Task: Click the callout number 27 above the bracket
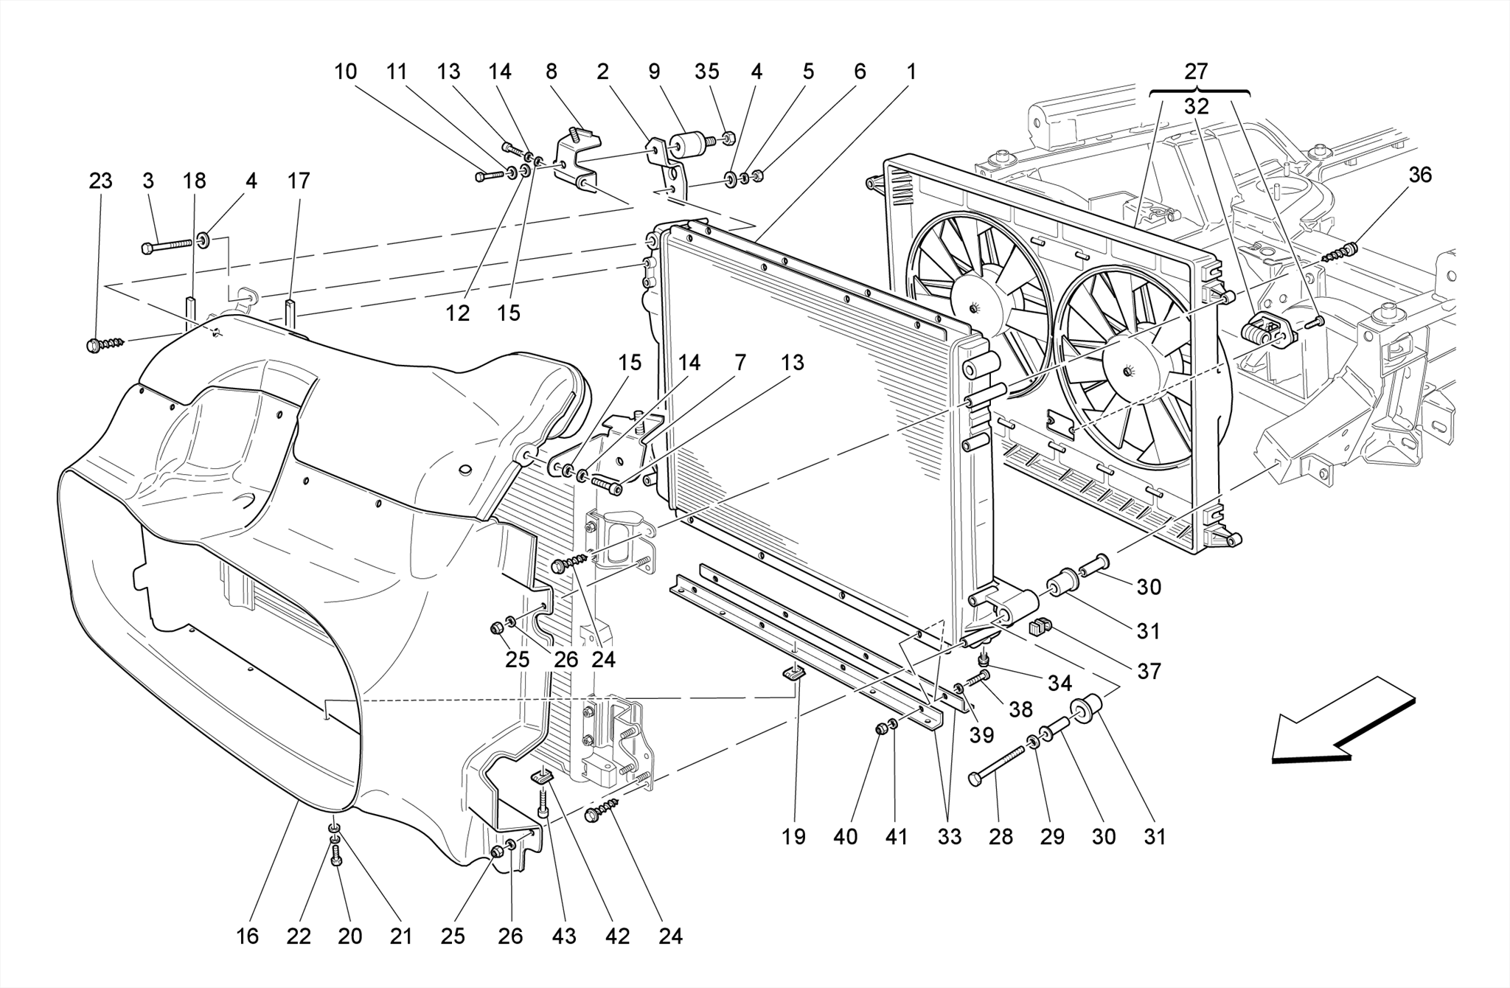[1196, 72]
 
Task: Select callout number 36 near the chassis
[1419, 175]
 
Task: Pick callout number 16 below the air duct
[247, 936]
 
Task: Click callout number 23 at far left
[100, 181]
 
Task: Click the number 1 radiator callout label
[911, 72]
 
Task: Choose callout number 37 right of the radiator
[1149, 671]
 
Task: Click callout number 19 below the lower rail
[793, 837]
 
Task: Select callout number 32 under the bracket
[1196, 107]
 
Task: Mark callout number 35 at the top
[706, 72]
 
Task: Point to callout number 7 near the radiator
[740, 363]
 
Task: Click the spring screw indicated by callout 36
[1340, 254]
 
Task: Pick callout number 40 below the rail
[846, 837]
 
